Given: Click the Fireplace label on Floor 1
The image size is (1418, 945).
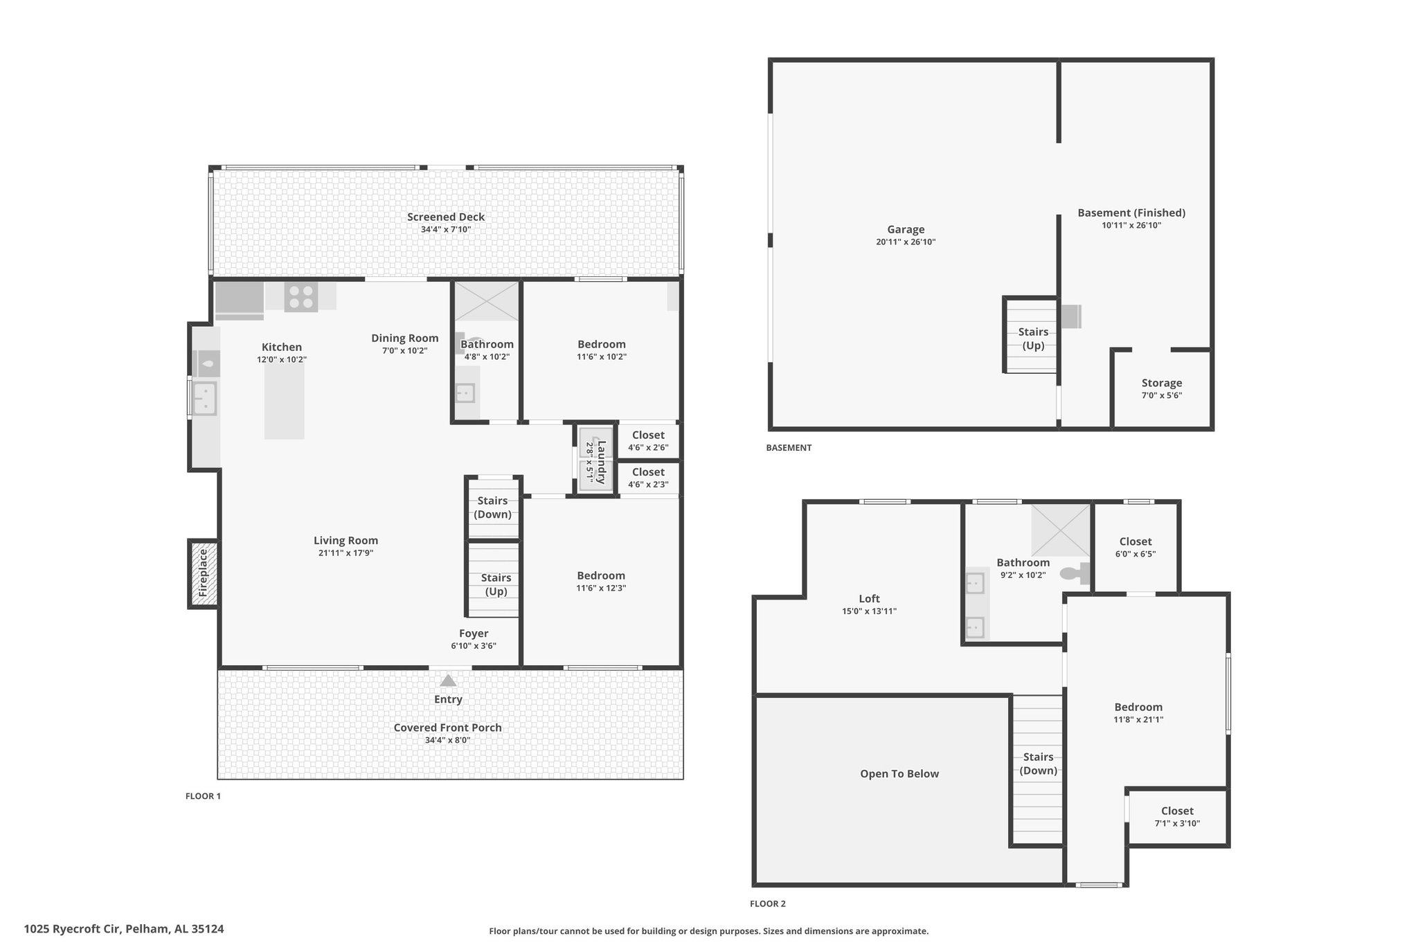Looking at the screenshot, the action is tap(203, 573).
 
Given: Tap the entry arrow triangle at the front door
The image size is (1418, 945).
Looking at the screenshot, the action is tap(448, 681).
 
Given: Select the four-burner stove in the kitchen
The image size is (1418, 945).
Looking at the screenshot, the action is tap(301, 297).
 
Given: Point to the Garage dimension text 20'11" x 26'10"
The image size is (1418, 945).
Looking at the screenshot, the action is tap(906, 242).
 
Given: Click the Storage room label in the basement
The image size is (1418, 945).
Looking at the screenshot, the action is tap(1162, 383).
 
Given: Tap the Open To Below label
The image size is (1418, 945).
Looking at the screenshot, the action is tap(899, 774).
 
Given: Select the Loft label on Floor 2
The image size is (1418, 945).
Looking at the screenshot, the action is tap(870, 599).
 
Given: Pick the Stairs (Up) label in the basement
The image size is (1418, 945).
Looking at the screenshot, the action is tap(1033, 339).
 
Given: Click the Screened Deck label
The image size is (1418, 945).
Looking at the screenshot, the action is tap(446, 217).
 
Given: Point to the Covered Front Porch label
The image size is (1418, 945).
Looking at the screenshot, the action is tap(448, 728).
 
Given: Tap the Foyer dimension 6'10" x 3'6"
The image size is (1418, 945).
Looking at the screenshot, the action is tap(474, 646).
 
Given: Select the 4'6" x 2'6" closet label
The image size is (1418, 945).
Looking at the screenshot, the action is tap(648, 447).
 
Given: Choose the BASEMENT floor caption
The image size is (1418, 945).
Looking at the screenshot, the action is tap(789, 448).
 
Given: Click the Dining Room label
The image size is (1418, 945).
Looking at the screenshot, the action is tap(405, 338).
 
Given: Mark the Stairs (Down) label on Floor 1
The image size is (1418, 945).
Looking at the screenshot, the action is tap(493, 507).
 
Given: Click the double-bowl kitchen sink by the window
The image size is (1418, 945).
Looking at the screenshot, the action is tap(204, 398).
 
